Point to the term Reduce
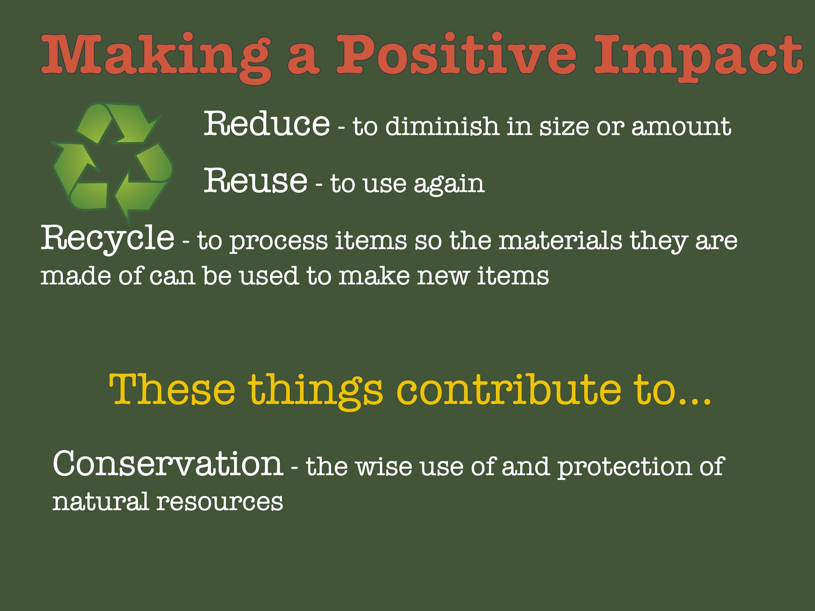point(267,124)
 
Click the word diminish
point(442,126)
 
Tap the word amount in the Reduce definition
point(681,126)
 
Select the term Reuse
point(256,181)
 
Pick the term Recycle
point(107,238)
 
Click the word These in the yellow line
point(172,390)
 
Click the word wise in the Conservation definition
point(384,466)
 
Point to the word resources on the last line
point(219,502)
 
